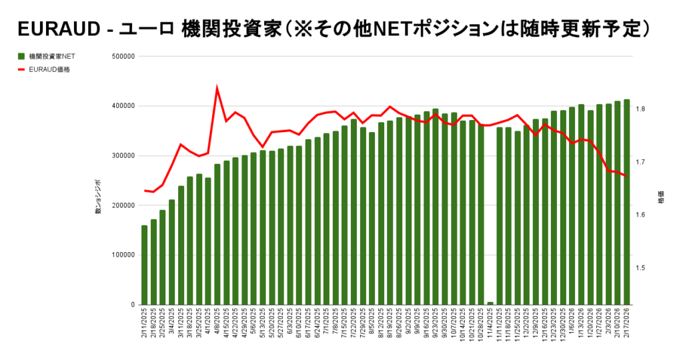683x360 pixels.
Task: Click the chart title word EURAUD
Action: coord(59,29)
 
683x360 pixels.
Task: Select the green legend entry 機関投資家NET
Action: coord(49,57)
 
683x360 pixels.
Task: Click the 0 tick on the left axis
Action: coord(133,305)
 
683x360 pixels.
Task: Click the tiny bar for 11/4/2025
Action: coord(490,303)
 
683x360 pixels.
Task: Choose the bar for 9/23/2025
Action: coord(436,207)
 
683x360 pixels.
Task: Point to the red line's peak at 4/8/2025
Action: coord(217,87)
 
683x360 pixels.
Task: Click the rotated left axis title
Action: coord(98,197)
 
